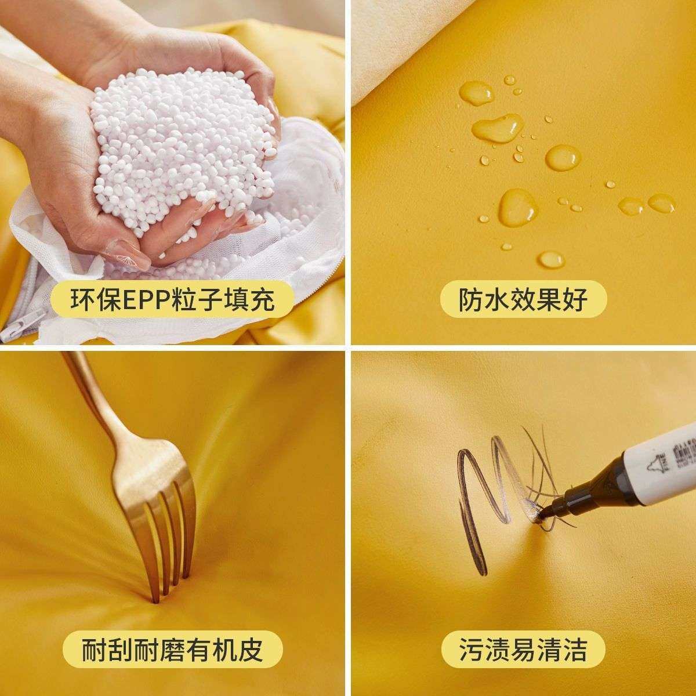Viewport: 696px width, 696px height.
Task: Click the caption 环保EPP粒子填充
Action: click(172, 300)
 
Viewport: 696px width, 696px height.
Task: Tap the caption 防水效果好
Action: click(523, 300)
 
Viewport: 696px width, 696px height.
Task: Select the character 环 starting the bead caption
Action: click(82, 300)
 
